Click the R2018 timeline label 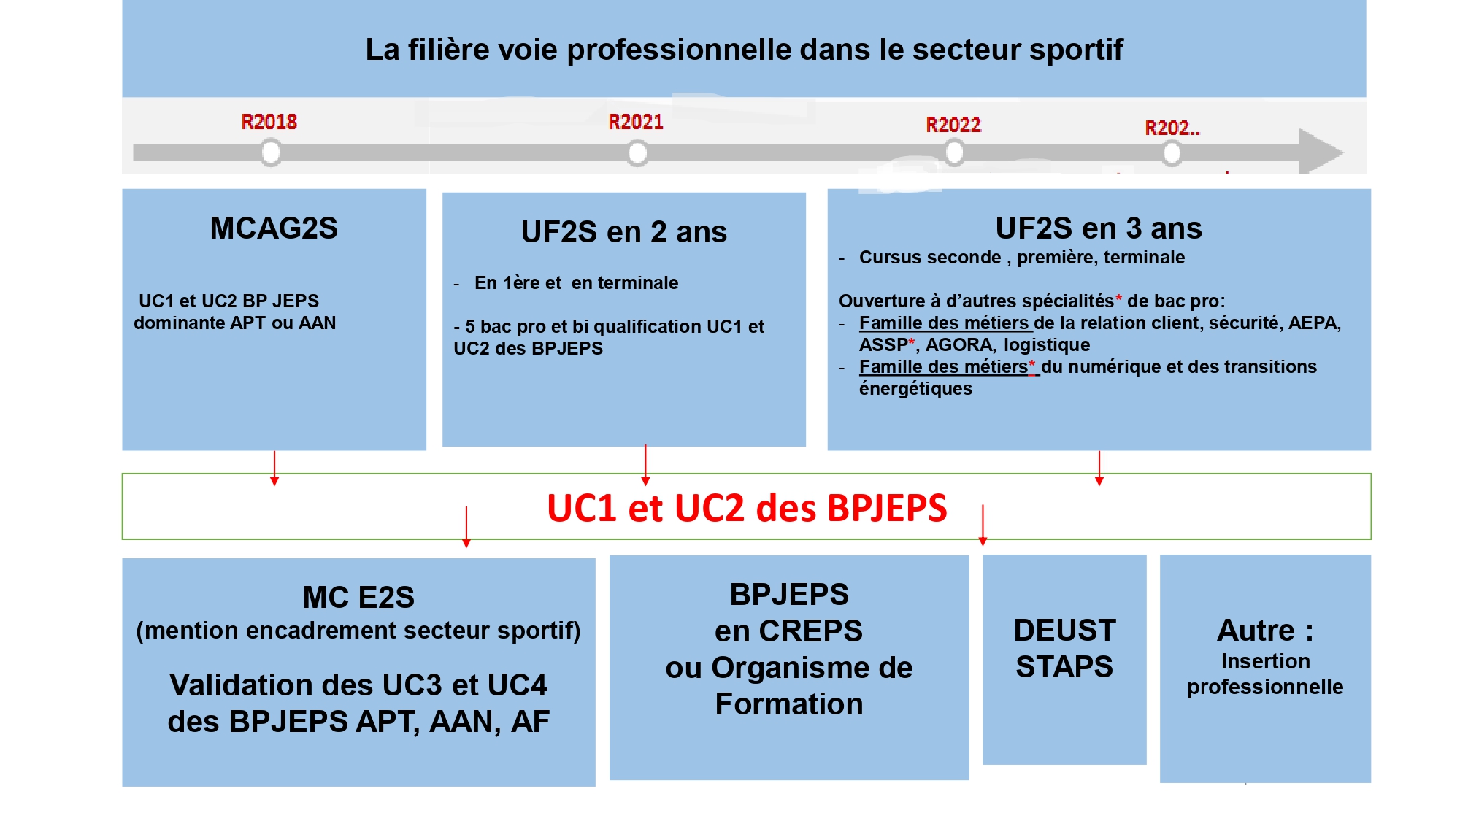(269, 122)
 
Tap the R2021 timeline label (636, 122)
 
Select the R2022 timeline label (953, 125)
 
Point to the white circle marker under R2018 (271, 153)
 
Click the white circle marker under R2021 (637, 153)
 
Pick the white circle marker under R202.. (1172, 153)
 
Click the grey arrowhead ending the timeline (1320, 152)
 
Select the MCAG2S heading (274, 228)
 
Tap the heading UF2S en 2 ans (623, 232)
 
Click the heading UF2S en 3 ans (1099, 228)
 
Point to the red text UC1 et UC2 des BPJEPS (747, 508)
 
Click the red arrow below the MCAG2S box (274, 468)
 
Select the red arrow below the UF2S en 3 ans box (1099, 468)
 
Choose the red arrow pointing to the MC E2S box (466, 527)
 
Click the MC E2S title (358, 598)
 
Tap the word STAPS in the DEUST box (1064, 667)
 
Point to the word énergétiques (915, 389)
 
